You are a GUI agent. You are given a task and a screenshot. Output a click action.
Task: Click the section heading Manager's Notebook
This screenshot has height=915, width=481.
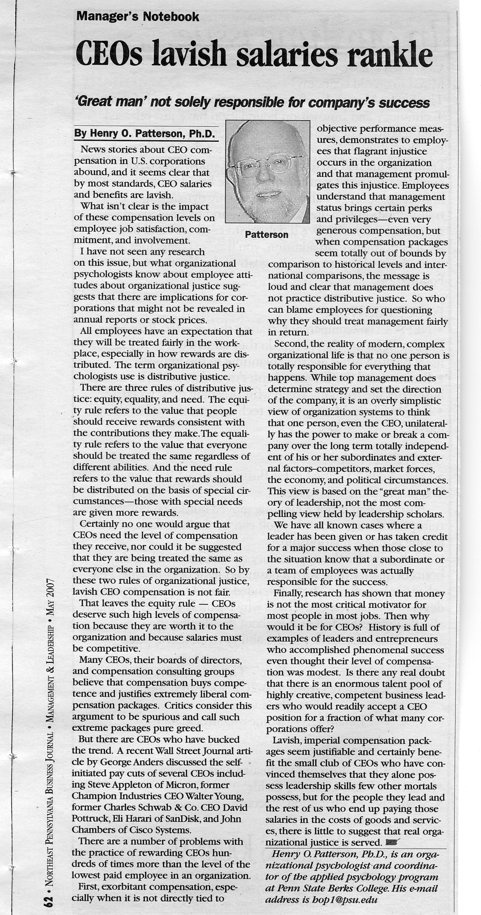tap(138, 16)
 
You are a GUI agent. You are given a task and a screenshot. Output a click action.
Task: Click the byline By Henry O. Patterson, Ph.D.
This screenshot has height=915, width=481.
tap(144, 134)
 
